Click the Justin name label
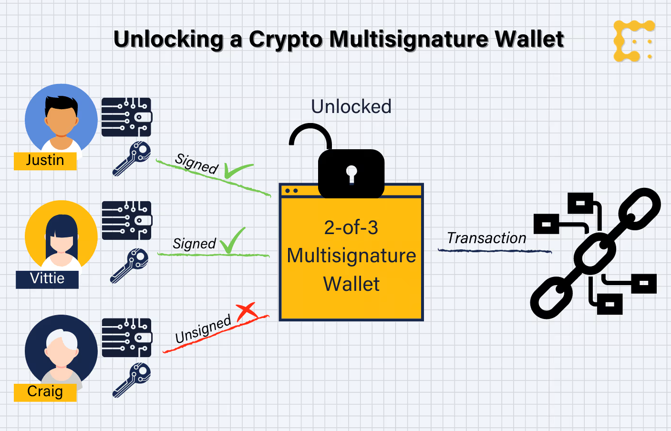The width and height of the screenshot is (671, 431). click(45, 160)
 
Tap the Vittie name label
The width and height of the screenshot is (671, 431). click(47, 278)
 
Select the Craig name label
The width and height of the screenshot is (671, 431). click(45, 391)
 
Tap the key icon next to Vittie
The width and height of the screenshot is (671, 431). click(130, 265)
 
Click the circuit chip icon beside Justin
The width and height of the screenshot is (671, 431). click(126, 117)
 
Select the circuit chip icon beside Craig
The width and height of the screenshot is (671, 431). click(126, 338)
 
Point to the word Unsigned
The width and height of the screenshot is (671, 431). click(203, 329)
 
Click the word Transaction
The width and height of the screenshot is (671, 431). click(486, 238)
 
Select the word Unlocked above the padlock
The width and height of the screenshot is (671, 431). click(351, 107)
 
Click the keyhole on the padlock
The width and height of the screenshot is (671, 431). click(351, 173)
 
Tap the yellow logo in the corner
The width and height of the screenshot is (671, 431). click(634, 41)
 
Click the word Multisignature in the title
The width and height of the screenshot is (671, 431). click(409, 39)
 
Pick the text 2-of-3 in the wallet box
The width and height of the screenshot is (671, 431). click(351, 227)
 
